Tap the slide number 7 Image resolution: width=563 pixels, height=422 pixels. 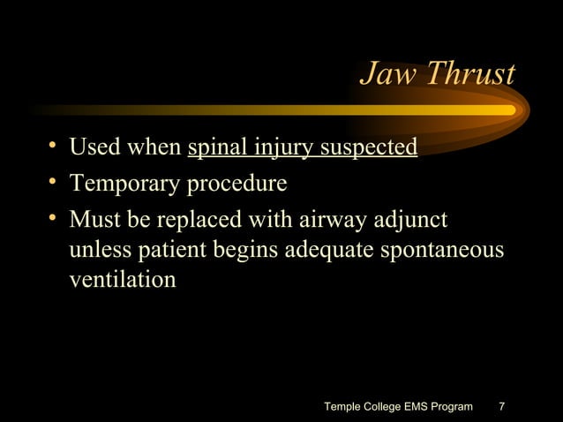(x=502, y=407)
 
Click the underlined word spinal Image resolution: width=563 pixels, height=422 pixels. (x=212, y=147)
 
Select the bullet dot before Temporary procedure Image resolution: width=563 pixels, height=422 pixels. (x=54, y=183)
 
